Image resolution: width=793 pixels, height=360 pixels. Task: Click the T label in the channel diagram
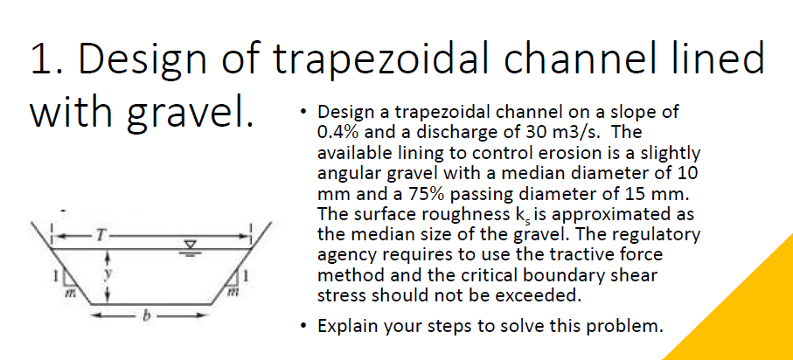click(104, 233)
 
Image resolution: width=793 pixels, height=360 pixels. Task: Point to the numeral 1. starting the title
click(45, 59)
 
